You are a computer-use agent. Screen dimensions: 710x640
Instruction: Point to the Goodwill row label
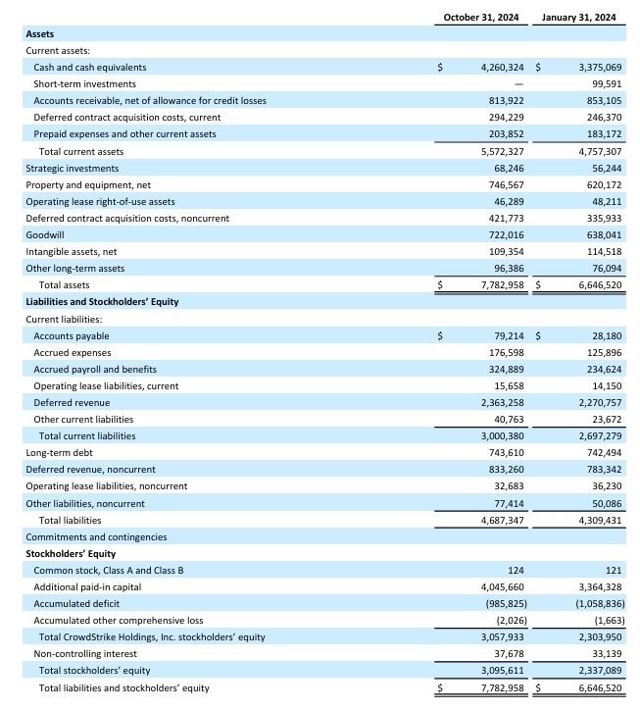coord(43,234)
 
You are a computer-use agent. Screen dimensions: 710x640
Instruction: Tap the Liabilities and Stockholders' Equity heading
coord(102,301)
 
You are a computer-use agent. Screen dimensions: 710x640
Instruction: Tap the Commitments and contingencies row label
coord(96,536)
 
